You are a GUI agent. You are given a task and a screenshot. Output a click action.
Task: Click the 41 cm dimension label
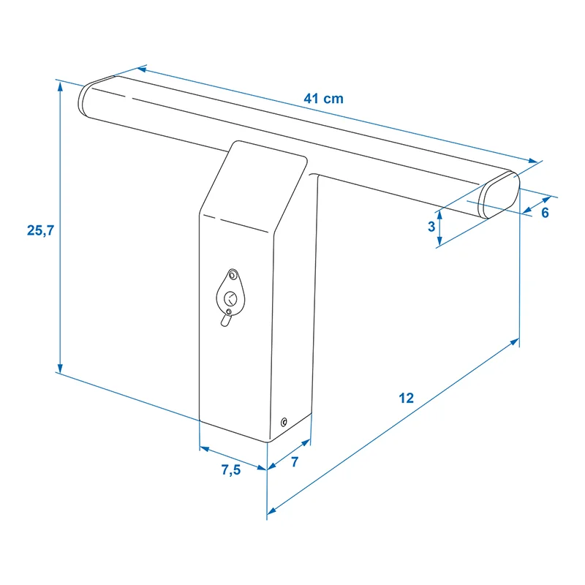(323, 99)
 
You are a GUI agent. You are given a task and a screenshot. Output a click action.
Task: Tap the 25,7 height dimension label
(40, 230)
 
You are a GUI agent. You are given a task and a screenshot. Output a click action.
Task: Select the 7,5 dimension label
(231, 469)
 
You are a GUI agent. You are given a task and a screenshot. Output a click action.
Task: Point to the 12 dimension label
(407, 398)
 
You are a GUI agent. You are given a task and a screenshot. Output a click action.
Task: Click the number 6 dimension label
(545, 213)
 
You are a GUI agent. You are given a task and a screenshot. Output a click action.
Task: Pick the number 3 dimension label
(431, 227)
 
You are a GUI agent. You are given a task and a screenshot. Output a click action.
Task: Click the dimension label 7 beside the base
(295, 462)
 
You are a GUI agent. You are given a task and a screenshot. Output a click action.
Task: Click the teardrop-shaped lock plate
(231, 294)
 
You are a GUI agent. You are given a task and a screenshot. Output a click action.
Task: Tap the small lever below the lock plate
(226, 320)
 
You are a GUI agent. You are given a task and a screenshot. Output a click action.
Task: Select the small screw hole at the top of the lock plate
(233, 276)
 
